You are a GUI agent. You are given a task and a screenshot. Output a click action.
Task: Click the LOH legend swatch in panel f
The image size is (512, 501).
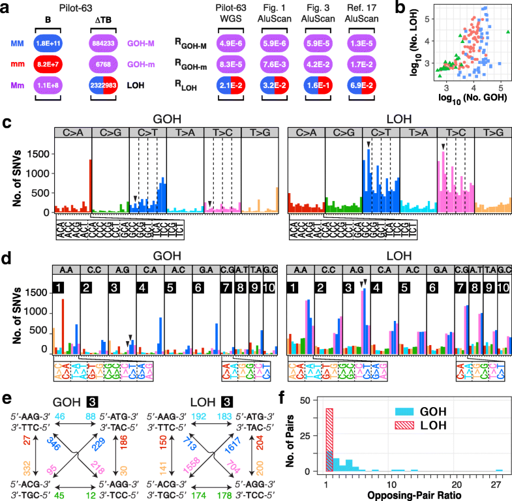tap(401, 411)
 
